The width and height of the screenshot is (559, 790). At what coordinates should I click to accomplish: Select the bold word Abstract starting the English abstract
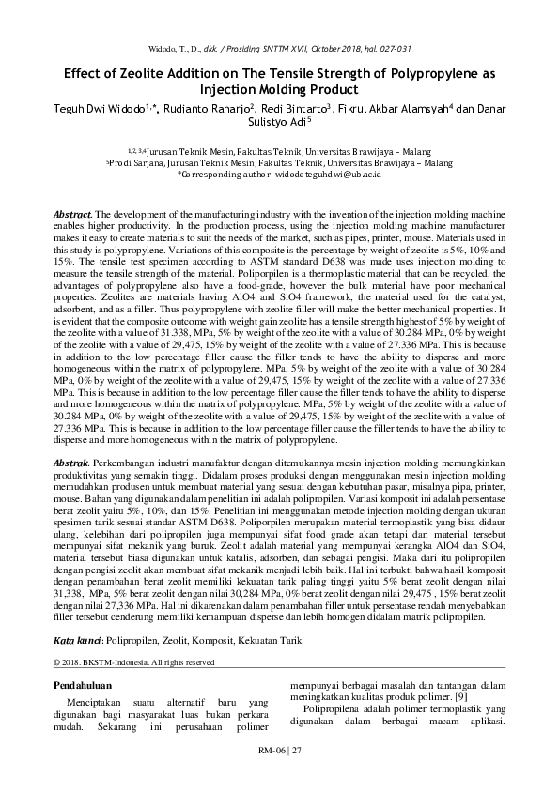coord(74,215)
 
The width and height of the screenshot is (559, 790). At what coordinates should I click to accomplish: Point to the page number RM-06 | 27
coord(279,752)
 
